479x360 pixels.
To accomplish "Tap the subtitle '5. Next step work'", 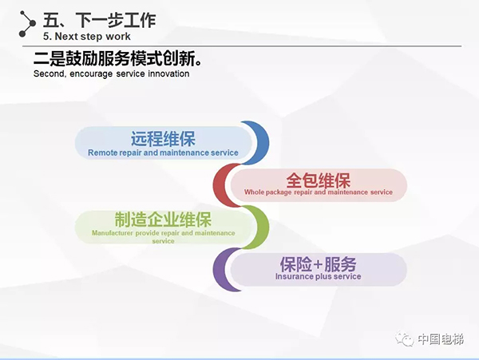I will click(x=87, y=36).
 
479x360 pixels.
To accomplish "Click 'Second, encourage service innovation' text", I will click(x=111, y=73).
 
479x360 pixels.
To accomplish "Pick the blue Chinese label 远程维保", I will click(x=163, y=137).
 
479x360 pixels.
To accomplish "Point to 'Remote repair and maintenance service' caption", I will click(x=163, y=152).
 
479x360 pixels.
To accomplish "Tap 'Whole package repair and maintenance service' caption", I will click(x=319, y=192).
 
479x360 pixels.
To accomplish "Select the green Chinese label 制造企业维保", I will click(x=163, y=220).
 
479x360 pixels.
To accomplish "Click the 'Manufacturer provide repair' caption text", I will click(x=163, y=233).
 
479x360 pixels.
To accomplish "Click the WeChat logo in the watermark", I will click(x=407, y=339).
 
